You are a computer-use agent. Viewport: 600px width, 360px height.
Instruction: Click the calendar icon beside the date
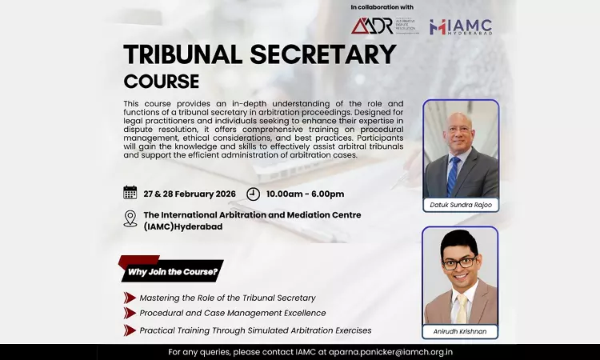[130, 193]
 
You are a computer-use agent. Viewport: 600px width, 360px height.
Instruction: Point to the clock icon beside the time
[253, 194]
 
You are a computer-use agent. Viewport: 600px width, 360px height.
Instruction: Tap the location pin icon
[130, 218]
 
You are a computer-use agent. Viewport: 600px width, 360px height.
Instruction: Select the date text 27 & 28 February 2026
[189, 194]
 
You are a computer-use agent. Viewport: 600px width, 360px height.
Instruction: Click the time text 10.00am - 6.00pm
[306, 194]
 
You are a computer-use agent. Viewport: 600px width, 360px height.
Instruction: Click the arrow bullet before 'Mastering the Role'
[130, 298]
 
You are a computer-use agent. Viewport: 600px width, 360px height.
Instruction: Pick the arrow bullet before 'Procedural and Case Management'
[130, 313]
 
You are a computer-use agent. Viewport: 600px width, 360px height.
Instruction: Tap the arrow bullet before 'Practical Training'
[130, 330]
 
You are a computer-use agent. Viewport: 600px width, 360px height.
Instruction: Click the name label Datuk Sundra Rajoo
[460, 206]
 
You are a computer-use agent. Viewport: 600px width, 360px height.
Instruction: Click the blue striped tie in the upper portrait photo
[454, 176]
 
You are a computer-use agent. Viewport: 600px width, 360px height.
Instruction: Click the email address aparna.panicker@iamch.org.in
[386, 352]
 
